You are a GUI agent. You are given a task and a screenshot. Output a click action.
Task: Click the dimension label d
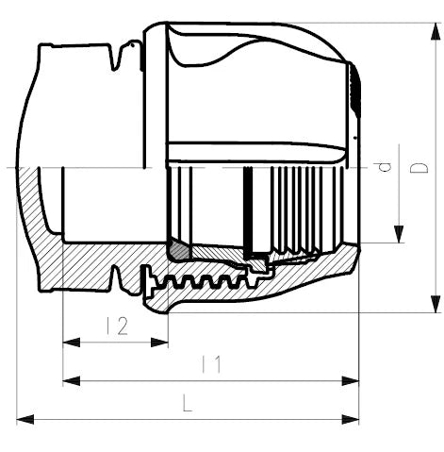pos(383,167)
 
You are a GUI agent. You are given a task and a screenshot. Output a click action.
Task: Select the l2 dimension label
pos(117,326)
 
